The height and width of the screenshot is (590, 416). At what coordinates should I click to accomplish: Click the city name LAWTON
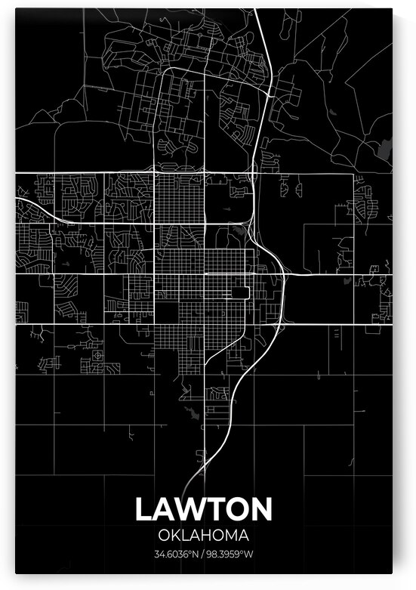pos(204,509)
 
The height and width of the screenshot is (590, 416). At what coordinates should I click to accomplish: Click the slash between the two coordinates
pos(203,555)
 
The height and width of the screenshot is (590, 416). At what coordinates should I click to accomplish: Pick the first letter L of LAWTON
pos(143,509)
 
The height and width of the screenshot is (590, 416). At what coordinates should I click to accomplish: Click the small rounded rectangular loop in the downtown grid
pos(242,292)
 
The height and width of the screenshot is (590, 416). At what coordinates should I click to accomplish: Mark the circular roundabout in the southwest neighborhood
pos(97,356)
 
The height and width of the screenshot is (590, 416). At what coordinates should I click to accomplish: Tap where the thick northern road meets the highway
pos(270,94)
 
